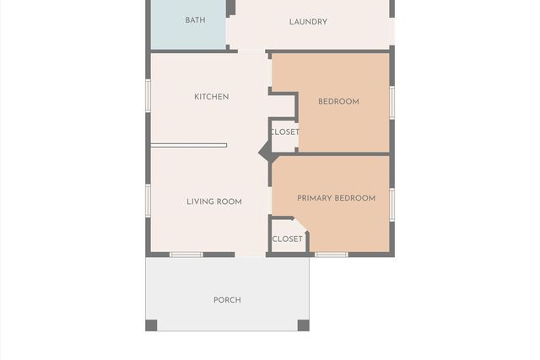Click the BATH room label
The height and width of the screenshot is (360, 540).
click(195, 20)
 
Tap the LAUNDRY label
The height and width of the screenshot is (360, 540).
click(308, 22)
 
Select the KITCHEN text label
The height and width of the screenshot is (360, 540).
click(212, 97)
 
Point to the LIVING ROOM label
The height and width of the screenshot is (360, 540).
click(214, 201)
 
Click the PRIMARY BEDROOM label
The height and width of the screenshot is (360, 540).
click(336, 198)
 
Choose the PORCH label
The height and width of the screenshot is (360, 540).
click(227, 300)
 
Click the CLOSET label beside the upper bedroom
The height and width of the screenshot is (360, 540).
click(285, 132)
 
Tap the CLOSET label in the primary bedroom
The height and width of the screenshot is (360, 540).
click(287, 239)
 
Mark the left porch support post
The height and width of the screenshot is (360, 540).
click(151, 325)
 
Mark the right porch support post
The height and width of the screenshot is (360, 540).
click(304, 325)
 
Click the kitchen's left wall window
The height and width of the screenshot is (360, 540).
click(148, 95)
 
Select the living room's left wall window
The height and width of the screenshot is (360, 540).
click(148, 201)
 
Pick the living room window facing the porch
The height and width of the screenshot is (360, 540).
click(186, 255)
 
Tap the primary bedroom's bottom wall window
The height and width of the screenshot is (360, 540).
click(332, 255)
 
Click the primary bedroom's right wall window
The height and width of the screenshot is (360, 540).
click(391, 205)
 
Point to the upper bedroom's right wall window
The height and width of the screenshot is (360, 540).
click(391, 103)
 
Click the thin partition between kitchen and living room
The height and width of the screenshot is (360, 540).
click(189, 146)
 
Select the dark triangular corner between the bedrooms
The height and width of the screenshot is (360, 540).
click(264, 152)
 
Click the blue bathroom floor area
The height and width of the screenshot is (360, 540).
click(188, 24)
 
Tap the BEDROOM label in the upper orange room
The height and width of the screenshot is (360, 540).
click(338, 101)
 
